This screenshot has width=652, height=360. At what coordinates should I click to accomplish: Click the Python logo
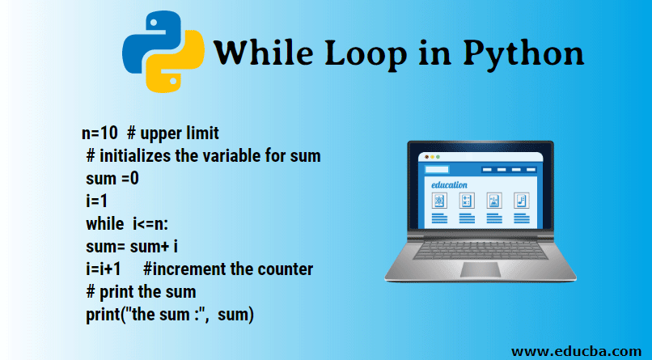tap(163, 52)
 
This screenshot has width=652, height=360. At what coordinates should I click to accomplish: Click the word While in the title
tap(263, 53)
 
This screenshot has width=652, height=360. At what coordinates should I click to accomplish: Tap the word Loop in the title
tap(366, 54)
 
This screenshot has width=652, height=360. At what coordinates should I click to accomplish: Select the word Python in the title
tap(523, 55)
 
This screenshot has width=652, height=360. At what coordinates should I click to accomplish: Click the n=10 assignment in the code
tap(99, 133)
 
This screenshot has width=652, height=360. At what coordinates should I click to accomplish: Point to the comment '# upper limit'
tap(173, 133)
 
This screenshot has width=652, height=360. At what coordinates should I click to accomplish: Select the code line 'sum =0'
tap(112, 178)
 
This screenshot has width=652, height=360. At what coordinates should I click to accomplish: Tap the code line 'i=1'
tap(97, 201)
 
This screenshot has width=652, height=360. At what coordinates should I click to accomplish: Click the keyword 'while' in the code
tap(105, 223)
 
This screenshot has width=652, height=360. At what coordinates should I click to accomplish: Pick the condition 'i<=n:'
tap(150, 224)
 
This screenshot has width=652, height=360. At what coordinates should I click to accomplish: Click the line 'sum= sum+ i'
tap(132, 246)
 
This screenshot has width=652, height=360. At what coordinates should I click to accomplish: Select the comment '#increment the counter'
tap(228, 269)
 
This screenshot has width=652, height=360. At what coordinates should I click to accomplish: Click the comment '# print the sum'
tap(141, 292)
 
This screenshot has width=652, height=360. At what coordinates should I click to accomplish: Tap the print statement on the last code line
tap(170, 315)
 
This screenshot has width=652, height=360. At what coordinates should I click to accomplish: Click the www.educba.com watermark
tap(576, 351)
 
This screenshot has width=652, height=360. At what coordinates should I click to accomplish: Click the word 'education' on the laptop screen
tap(449, 184)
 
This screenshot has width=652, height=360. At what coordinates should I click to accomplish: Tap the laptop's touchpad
tap(481, 269)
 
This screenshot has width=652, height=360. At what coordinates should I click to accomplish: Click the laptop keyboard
tap(481, 250)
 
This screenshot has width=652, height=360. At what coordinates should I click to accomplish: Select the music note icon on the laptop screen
tap(522, 201)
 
